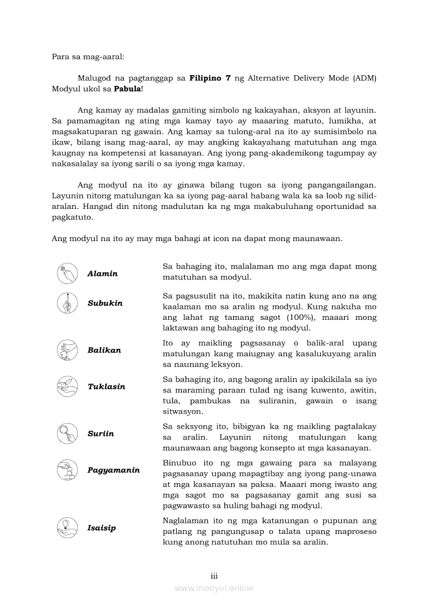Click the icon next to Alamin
67,273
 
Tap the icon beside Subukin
67,303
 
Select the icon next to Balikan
67,350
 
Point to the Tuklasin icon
67,387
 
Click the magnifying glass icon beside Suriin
67,433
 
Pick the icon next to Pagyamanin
67,470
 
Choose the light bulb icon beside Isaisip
67,528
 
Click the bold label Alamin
103,274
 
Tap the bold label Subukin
105,303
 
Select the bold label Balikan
104,350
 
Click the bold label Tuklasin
106,387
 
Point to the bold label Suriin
101,433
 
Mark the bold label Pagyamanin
113,470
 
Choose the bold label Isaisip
102,528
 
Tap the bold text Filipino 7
210,78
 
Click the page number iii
214,576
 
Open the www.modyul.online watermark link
214,588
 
